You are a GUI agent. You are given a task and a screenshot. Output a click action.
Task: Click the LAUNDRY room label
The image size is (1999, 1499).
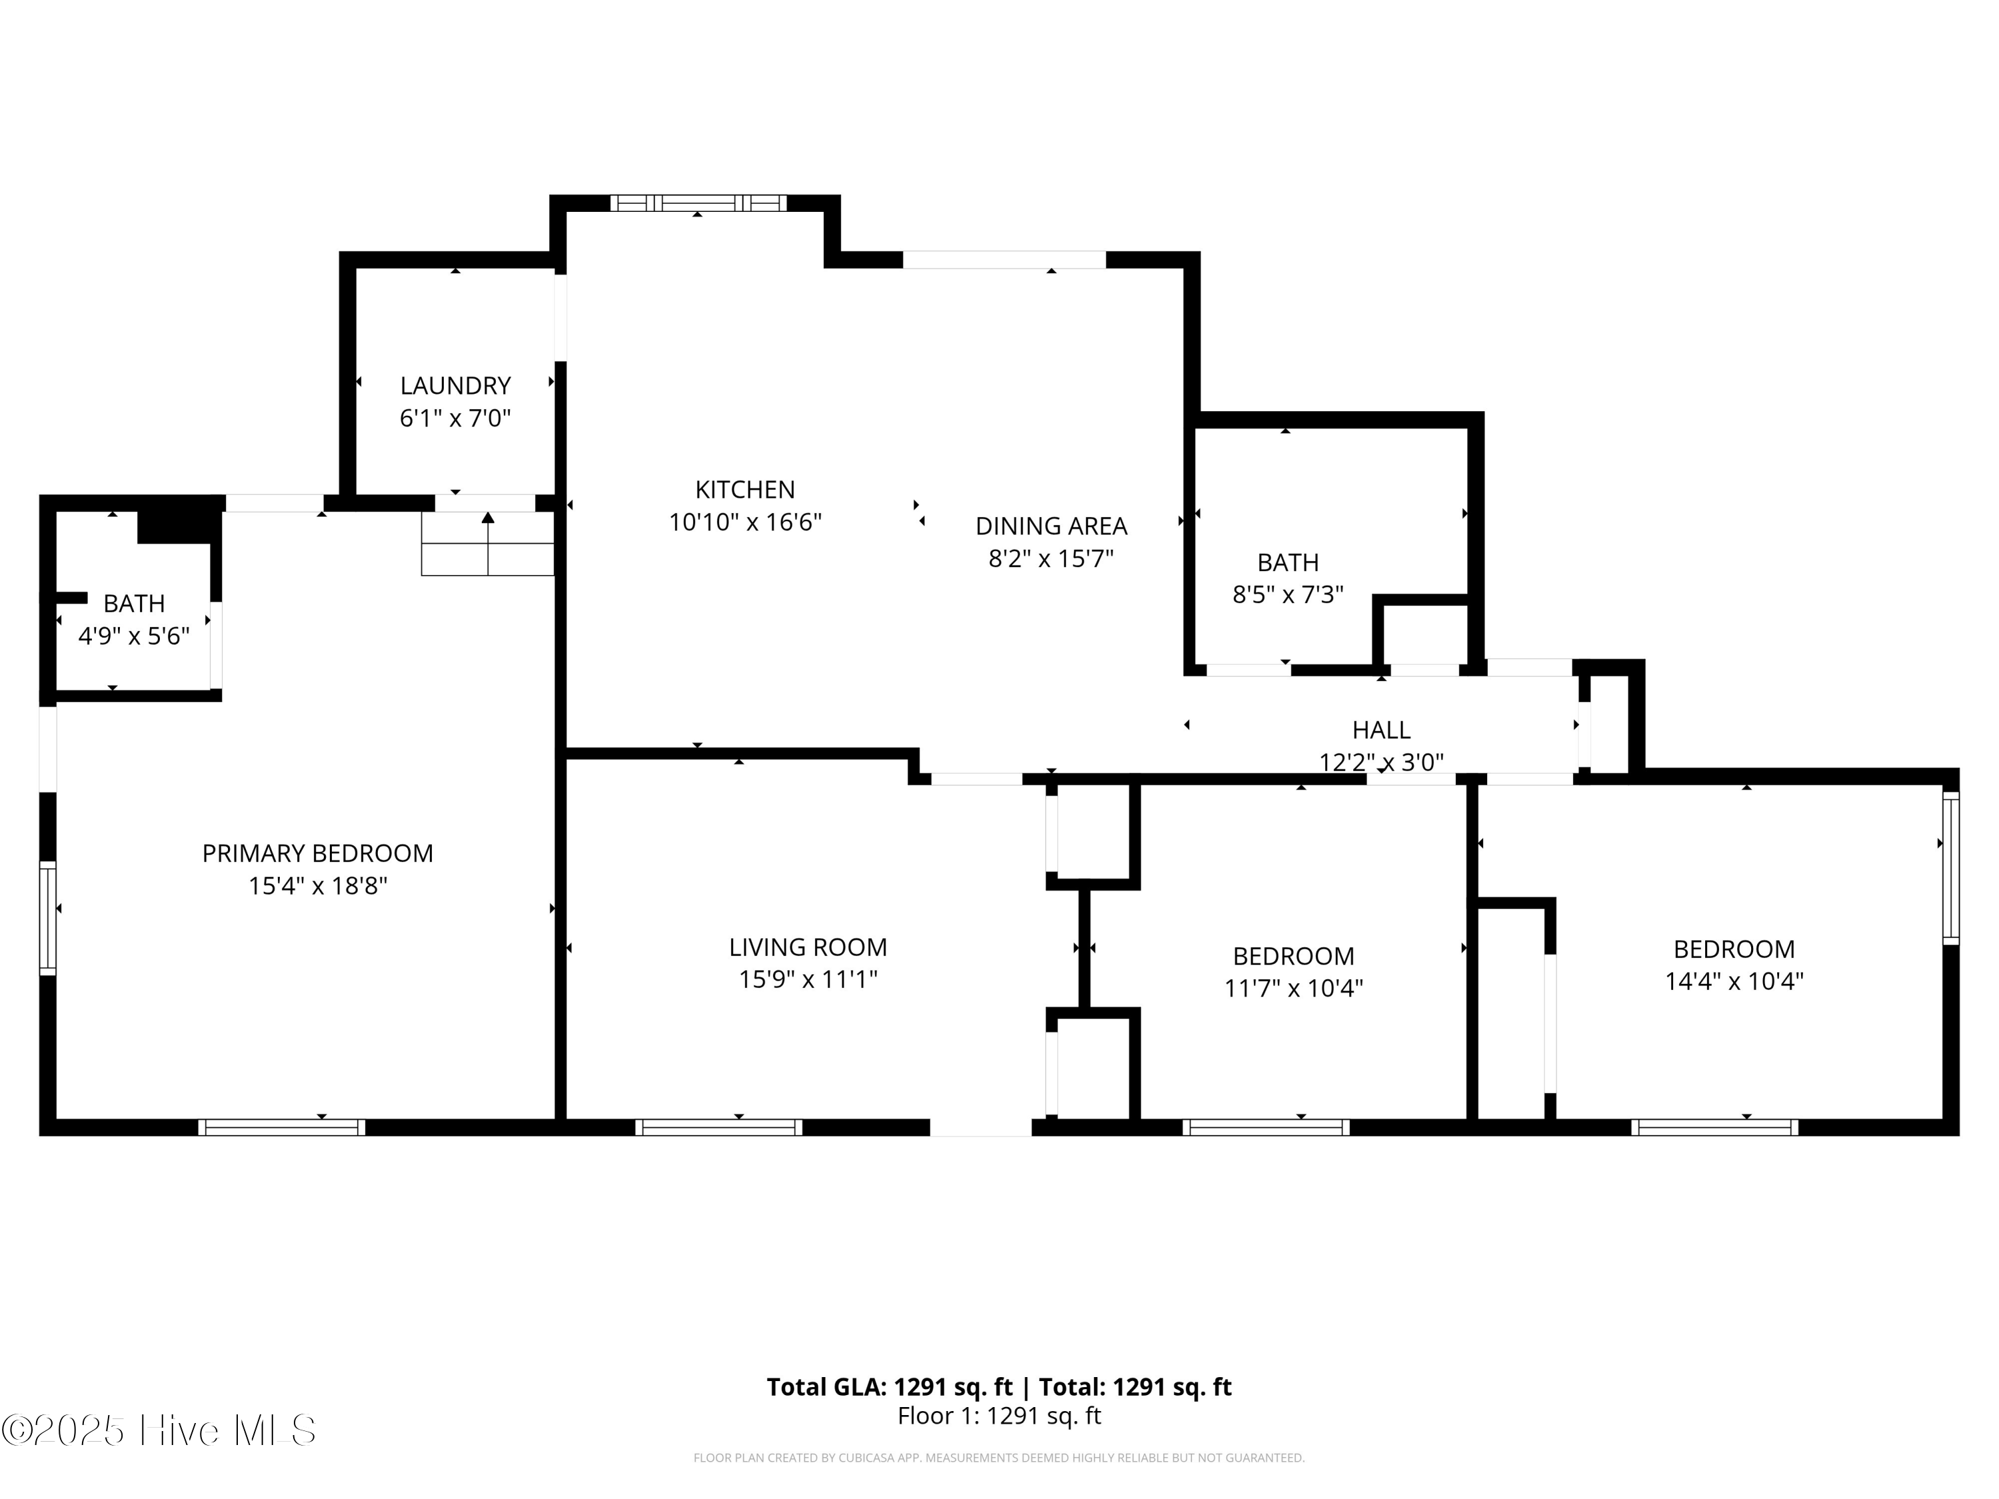point(456,386)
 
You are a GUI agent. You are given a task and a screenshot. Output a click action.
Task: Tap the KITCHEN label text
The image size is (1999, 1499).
point(745,490)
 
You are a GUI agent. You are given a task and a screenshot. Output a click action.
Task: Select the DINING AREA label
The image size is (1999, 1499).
point(1051,526)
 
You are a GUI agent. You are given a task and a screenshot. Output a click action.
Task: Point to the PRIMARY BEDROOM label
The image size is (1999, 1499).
point(317,853)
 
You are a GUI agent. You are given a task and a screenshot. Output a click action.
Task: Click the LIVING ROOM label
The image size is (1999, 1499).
point(808,947)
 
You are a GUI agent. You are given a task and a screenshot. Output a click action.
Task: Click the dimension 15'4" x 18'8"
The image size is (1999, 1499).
point(317,885)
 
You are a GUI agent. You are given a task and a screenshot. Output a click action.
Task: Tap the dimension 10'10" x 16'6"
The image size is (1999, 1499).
point(745,522)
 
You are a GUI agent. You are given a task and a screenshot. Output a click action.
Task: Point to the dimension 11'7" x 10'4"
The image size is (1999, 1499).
point(1293,989)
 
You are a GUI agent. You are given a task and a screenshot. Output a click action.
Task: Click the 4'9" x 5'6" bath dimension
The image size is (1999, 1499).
point(134,636)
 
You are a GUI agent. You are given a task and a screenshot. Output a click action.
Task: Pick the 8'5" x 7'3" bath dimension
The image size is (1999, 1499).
point(1288,594)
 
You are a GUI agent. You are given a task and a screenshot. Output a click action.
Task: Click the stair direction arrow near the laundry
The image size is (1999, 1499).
point(488,542)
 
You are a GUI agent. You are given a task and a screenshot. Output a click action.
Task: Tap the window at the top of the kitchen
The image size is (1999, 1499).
point(698,203)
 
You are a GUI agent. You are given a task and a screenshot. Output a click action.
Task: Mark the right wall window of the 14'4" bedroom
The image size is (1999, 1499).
point(1951,868)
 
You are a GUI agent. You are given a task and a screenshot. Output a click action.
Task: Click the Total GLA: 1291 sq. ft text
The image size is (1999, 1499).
point(890,1387)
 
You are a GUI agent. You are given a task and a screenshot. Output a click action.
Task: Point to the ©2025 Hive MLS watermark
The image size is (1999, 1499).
point(159,1430)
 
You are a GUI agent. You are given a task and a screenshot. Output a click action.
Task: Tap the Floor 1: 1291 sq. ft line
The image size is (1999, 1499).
point(999,1416)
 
